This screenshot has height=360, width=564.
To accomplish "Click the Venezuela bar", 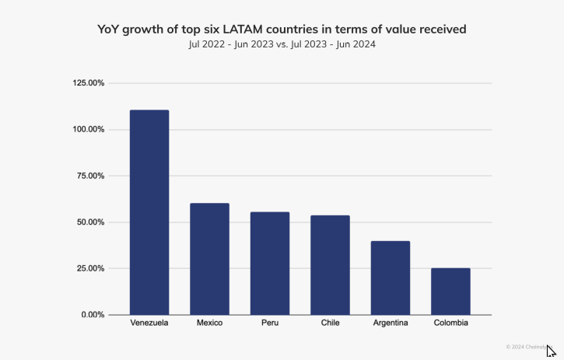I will coord(149,212).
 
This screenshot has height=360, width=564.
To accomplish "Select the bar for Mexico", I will coord(209,259).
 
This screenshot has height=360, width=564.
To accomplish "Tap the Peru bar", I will coord(269,264).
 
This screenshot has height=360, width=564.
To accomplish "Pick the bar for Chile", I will coord(330,265).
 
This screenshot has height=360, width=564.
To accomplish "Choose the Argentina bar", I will coord(390,278).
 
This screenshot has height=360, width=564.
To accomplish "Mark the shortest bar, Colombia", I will coord(450,292).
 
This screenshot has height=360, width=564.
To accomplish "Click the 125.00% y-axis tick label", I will coord(89,83).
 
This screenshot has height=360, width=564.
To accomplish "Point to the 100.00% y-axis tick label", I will coord(89,129).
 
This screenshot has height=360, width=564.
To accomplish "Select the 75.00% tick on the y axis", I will coord(91,176).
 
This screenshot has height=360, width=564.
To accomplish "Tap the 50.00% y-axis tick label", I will coord(91,222).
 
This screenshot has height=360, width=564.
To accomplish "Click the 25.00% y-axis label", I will coord(91,268).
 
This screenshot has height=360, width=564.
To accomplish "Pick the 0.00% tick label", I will coord(93,315).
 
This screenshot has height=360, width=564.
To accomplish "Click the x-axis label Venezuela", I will coord(149,323).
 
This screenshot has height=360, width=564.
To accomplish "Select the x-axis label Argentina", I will coord(391,323).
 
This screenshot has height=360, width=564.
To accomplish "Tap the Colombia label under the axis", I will coord(451,323).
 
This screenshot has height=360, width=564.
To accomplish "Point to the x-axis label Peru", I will coord(270,323).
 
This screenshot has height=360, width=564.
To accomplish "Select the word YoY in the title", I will coord(110,29).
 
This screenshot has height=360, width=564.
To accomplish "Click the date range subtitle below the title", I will coord(282,44).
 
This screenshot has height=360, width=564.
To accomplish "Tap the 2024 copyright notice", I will coord(526,347).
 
